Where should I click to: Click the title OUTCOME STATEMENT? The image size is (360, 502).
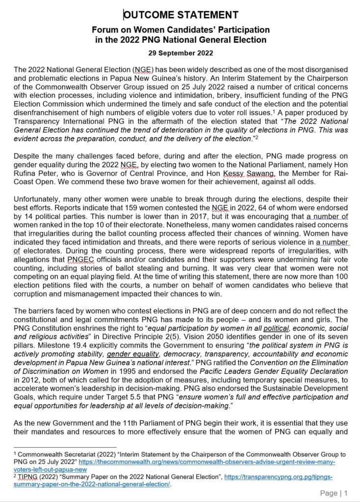[180, 15]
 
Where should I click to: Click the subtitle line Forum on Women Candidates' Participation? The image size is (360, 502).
[180, 30]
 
